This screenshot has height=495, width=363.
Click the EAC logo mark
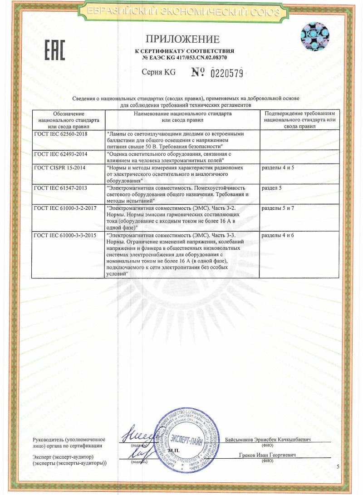pos(54,50)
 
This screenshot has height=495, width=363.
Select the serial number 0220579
pos(227,73)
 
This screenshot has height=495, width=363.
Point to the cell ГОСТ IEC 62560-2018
pos(61,134)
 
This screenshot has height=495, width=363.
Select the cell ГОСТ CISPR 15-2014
pos(59,168)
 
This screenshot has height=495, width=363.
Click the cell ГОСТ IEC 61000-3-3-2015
pos(64,235)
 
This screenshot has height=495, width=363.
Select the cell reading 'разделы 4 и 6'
pos(278,235)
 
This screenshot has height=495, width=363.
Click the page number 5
pos(338,467)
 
